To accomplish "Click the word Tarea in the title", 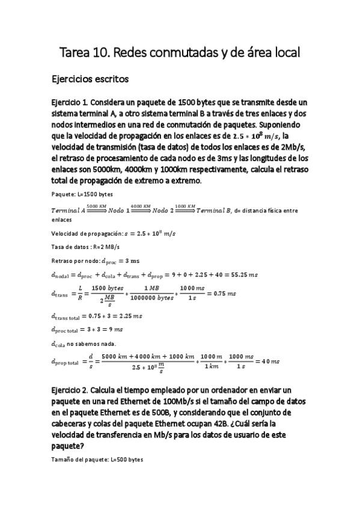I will click(74, 54).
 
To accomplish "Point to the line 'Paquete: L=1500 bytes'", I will click(82, 194).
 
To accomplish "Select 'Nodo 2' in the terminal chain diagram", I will click(166, 209).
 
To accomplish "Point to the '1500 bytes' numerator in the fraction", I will click(100, 289).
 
